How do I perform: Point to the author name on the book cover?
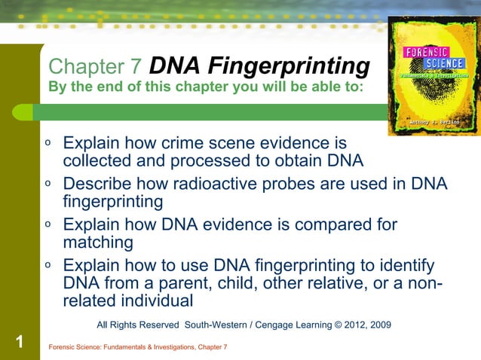pos(435,121)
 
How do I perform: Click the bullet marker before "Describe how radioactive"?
pos(47,182)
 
